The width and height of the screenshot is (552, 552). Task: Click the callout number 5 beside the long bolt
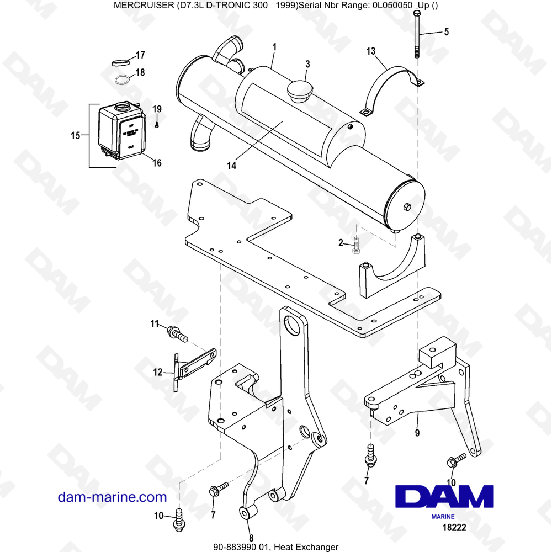tap(446, 32)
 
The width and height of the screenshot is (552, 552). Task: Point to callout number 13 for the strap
tap(371, 52)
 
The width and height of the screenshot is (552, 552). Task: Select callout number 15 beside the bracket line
tap(76, 135)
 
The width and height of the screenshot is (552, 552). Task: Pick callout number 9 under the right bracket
tap(417, 432)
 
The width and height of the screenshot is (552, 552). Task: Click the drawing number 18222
tap(454, 527)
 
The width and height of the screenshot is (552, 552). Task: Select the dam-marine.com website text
tap(112, 497)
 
